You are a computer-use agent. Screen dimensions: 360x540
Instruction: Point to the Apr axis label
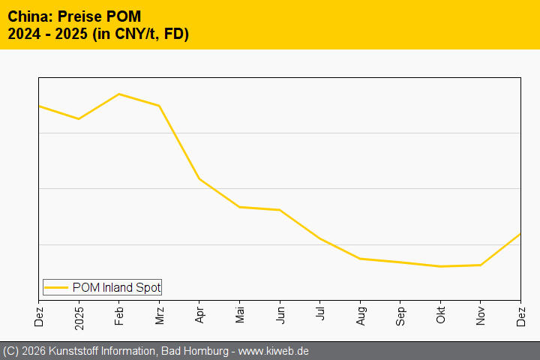pos(199,313)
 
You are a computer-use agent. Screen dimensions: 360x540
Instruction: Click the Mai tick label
pos(240,313)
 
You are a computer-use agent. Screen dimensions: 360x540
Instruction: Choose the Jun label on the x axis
pos(280,313)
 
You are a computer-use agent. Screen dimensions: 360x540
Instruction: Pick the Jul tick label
pos(320,312)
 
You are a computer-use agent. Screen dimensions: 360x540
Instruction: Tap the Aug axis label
pos(361,313)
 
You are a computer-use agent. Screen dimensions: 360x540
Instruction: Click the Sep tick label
pos(400,313)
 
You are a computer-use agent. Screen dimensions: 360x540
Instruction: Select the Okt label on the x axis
pos(441,313)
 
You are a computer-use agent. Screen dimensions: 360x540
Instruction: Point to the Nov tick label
pos(481,313)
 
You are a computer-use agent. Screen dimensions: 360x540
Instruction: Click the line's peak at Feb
pos(119,94)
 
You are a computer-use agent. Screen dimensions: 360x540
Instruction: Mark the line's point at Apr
pos(199,178)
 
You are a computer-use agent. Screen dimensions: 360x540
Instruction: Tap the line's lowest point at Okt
pos(441,266)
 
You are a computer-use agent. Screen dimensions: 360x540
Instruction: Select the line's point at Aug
pos(361,259)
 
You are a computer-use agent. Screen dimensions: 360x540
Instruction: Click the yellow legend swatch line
pos(55,287)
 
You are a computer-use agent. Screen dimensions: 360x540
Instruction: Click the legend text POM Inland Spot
pos(116,287)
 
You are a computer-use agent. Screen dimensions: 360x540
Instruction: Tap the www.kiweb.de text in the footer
pos(274,351)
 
